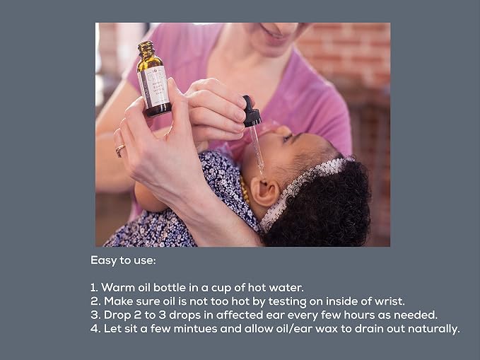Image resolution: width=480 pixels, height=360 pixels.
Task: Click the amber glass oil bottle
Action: (x=153, y=80)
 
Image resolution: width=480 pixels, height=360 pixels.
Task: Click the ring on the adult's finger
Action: (x=119, y=150)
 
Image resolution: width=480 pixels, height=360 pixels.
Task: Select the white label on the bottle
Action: (x=155, y=87)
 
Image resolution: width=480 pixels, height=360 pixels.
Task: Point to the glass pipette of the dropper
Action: (x=257, y=150)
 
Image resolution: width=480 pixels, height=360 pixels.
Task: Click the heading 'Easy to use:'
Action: (x=123, y=260)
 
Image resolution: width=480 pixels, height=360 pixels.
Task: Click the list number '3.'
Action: (x=95, y=315)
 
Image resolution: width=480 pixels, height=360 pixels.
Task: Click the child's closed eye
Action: (x=288, y=138)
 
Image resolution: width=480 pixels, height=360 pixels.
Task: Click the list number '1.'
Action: (x=94, y=288)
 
